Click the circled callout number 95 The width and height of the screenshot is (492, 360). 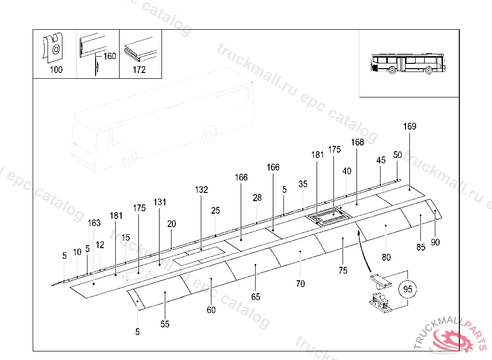pyautogui.click(x=408, y=289)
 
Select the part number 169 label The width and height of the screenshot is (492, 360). pyautogui.click(x=410, y=127)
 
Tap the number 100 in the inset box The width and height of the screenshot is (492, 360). pyautogui.click(x=56, y=70)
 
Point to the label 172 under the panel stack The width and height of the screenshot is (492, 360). pyautogui.click(x=139, y=70)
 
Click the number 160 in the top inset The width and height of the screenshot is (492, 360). pyautogui.click(x=110, y=56)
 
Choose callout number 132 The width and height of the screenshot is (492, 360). pyautogui.click(x=201, y=190)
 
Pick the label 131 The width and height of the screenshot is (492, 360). pyautogui.click(x=160, y=202)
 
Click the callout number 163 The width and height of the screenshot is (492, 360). pyautogui.click(x=94, y=223)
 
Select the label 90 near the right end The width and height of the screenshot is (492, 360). pyautogui.click(x=435, y=242)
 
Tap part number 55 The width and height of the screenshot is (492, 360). pyautogui.click(x=165, y=324)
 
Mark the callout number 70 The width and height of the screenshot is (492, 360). pyautogui.click(x=300, y=284)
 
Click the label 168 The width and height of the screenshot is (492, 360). pyautogui.click(x=357, y=142)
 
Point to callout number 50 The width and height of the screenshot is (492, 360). pyautogui.click(x=397, y=155)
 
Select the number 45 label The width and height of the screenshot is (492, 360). pyautogui.click(x=381, y=160)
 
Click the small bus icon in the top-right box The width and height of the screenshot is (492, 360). pyautogui.click(x=408, y=64)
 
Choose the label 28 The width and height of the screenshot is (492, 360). pyautogui.click(x=258, y=198)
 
